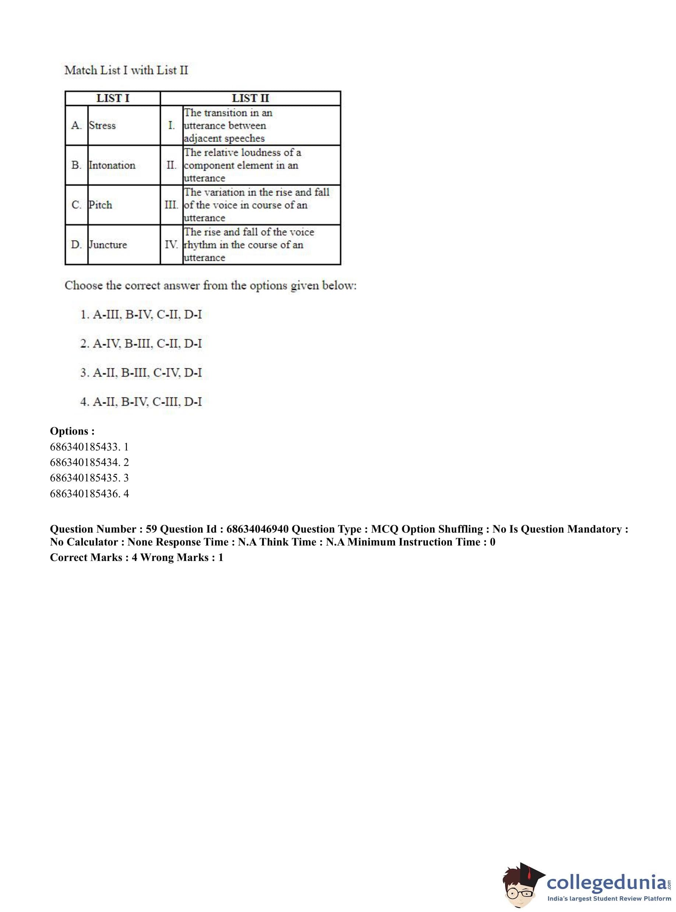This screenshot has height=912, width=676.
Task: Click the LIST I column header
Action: (113, 98)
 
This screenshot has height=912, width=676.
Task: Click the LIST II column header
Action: (250, 98)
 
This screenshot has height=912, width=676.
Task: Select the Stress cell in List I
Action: (102, 125)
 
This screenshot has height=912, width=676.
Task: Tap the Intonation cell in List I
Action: (112, 165)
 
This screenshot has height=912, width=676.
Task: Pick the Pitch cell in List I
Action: (100, 205)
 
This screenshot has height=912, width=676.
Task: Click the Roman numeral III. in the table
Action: (172, 205)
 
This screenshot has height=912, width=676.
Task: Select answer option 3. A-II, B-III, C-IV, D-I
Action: (141, 372)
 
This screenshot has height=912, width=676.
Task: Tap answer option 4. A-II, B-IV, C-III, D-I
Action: (141, 401)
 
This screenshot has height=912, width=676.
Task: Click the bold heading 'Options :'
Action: (72, 431)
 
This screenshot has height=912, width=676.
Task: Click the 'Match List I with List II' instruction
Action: (126, 70)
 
